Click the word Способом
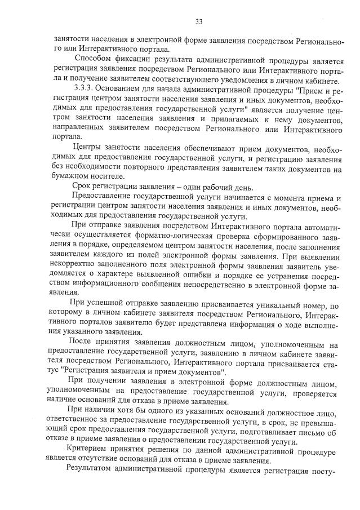[94, 60]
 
